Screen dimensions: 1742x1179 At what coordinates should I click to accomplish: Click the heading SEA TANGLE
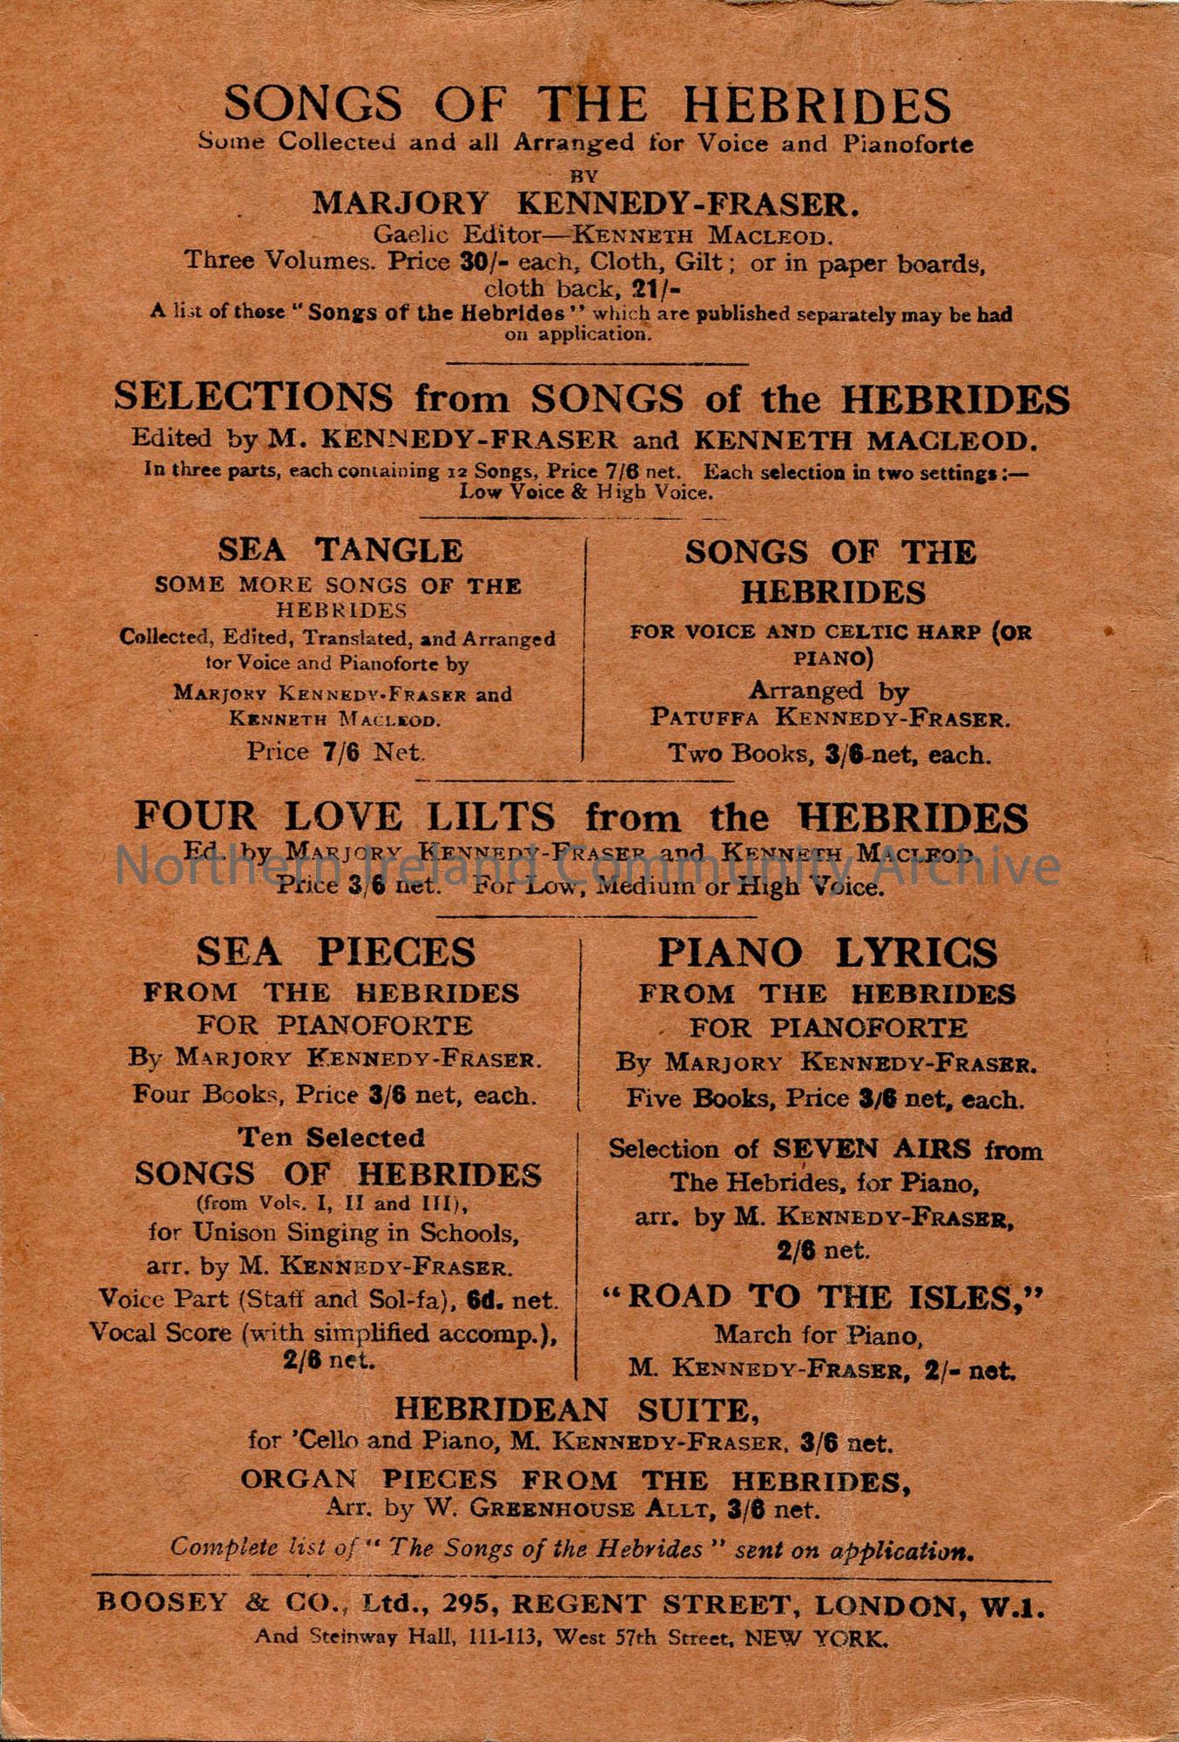coord(340,550)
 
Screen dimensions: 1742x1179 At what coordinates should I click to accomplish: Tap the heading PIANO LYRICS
coord(826,952)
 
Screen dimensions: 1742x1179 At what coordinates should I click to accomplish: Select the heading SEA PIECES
coord(336,951)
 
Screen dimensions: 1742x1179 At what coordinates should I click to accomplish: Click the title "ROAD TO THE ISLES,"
coord(822,1298)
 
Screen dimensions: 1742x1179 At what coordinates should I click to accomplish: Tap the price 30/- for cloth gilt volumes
coord(477,261)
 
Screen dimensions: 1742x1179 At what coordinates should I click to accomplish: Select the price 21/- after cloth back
coord(656,289)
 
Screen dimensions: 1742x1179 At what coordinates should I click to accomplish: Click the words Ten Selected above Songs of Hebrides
coord(332,1138)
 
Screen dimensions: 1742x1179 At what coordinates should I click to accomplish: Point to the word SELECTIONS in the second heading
coord(253,398)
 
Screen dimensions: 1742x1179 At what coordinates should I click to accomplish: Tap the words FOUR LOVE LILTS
coord(344,817)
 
